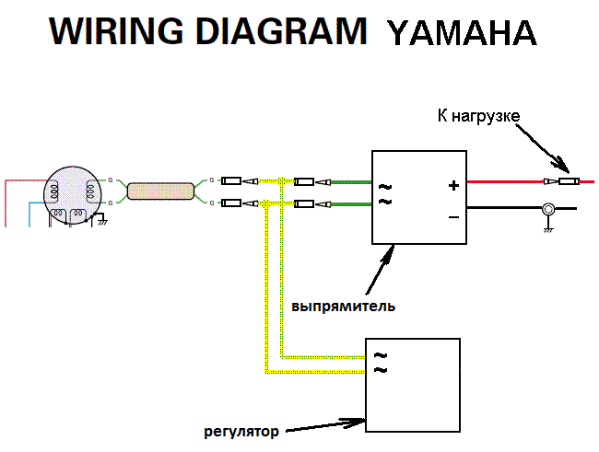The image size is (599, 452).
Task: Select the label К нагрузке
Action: point(478,116)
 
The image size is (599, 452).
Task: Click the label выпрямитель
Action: point(344,305)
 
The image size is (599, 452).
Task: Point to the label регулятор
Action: point(241,430)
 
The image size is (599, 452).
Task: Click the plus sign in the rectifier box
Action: point(452,185)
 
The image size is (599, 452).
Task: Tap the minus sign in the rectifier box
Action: point(452,217)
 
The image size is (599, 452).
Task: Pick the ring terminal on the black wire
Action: point(546,209)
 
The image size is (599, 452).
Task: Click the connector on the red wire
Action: point(561,182)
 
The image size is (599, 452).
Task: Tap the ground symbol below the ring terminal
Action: point(546,228)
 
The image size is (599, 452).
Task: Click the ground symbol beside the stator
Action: point(103,221)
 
